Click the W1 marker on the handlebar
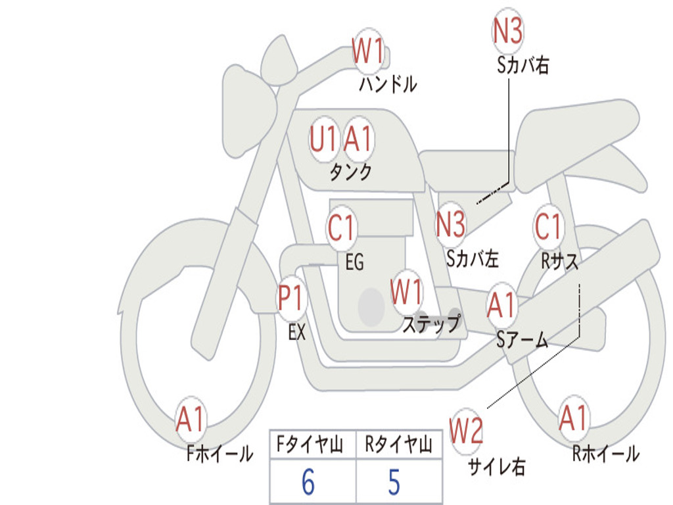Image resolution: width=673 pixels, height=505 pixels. pyautogui.click(x=368, y=51)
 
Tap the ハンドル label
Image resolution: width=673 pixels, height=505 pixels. pyautogui.click(x=388, y=84)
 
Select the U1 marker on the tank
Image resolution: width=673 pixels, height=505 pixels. pyautogui.click(x=323, y=139)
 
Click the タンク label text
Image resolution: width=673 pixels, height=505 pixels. pyautogui.click(x=351, y=172)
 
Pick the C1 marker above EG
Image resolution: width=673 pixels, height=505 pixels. pyautogui.click(x=341, y=227)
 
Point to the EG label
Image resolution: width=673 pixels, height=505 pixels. pyautogui.click(x=354, y=262)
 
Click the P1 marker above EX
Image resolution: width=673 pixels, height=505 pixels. pyautogui.click(x=291, y=297)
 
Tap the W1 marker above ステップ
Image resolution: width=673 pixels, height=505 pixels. pyautogui.click(x=406, y=292)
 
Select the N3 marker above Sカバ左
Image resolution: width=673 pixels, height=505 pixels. pyautogui.click(x=451, y=224)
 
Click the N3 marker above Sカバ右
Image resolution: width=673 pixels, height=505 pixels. pyautogui.click(x=507, y=30)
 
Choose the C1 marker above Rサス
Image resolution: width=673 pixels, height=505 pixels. pyautogui.click(x=548, y=226)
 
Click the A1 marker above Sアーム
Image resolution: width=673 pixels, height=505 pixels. pyautogui.click(x=501, y=305)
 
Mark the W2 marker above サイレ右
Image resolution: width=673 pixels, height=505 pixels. pyautogui.click(x=466, y=430)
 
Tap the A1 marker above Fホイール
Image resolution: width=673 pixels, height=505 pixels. pyautogui.click(x=191, y=419)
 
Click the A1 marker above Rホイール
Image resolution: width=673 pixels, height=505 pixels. pyautogui.click(x=574, y=418)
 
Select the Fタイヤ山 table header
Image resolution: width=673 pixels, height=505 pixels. pyautogui.click(x=310, y=444)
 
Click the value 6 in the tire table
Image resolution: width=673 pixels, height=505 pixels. pyautogui.click(x=308, y=482)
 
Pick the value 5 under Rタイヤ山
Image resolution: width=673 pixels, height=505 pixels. pyautogui.click(x=394, y=482)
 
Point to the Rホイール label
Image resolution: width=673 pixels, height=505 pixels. pyautogui.click(x=606, y=454)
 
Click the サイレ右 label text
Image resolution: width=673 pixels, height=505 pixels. pyautogui.click(x=497, y=467)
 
